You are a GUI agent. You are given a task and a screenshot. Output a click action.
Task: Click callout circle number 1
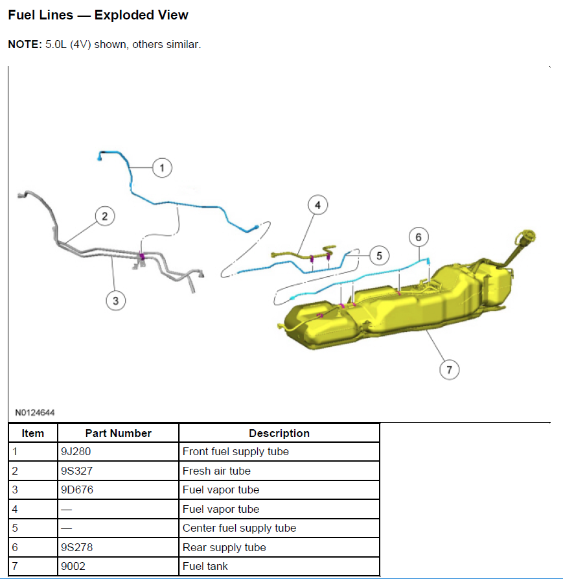(162, 168)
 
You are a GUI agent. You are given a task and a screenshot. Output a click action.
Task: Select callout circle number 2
(104, 216)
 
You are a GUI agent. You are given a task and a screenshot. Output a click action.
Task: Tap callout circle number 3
(115, 300)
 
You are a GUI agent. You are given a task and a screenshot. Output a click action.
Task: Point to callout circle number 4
(317, 206)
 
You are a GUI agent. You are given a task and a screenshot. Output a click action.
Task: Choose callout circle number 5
(379, 255)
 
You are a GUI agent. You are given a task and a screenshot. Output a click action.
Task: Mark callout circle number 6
(419, 237)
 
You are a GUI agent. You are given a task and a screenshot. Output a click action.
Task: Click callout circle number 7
(449, 370)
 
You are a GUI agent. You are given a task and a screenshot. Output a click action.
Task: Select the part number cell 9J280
(75, 452)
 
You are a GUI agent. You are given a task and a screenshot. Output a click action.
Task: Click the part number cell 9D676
(76, 490)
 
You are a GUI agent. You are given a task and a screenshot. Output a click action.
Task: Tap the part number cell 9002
(73, 567)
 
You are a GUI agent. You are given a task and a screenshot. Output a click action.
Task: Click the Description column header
(279, 433)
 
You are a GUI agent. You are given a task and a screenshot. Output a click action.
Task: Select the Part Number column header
(118, 433)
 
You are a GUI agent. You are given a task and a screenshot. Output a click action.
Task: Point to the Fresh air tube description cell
(216, 471)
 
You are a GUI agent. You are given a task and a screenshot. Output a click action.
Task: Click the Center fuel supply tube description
(239, 528)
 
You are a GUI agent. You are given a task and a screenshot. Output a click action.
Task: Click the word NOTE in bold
(25, 45)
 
